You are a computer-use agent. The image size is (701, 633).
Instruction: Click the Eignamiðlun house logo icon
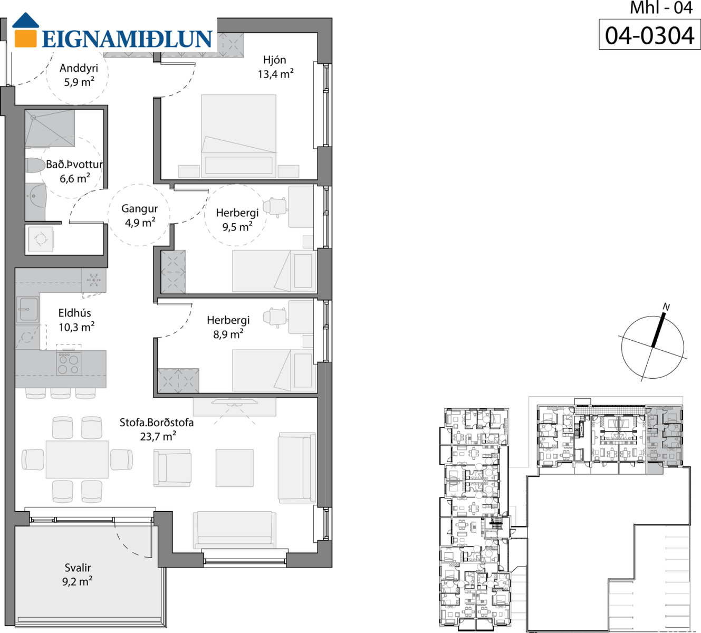pos(25,30)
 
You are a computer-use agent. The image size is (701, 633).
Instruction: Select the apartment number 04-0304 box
pos(650,34)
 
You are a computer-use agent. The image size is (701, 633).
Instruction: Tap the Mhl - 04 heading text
pos(661,8)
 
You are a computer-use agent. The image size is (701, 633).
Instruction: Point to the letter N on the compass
pos(666,307)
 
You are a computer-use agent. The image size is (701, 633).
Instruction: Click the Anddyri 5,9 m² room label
pos(79,75)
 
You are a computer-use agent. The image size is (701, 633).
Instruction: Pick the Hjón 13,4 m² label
pos(275,67)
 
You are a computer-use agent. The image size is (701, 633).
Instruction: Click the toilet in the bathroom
pos(36,165)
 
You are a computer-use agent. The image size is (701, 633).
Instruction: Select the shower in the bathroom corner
pos(50,128)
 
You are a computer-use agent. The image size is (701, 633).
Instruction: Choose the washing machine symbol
pos(41,239)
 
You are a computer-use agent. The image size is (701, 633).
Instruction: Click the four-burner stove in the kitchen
pos(69,363)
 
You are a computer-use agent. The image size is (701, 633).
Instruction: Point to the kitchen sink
pos(28,309)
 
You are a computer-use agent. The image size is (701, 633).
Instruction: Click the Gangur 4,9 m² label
pos(140,215)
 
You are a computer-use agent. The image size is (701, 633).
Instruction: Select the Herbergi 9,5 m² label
pos(237,219)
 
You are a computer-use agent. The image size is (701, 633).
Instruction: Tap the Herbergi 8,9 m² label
pos(228,327)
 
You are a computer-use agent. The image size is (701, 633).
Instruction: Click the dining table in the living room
pos(77,459)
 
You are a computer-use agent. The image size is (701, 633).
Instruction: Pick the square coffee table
pos(235,468)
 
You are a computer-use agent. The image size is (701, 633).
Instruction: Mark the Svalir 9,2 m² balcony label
pos(78,574)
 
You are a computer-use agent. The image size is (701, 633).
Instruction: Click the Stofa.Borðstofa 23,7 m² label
pos(157,429)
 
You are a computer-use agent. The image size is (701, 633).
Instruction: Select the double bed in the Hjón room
pos(238,136)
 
